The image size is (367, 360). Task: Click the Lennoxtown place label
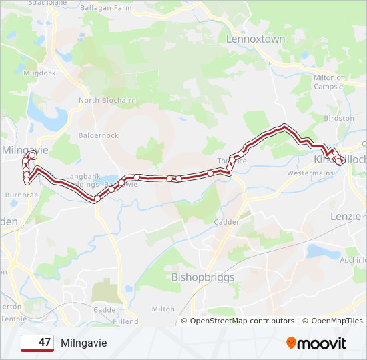(256, 39)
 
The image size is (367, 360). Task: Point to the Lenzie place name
(346, 216)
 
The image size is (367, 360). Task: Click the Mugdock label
(39, 73)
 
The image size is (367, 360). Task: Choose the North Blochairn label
(107, 101)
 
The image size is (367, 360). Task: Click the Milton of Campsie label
(328, 82)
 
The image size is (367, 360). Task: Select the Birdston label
(339, 118)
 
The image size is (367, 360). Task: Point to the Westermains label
(310, 173)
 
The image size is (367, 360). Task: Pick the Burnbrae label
(21, 195)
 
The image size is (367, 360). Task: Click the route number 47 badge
(37, 343)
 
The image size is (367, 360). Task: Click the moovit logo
(316, 343)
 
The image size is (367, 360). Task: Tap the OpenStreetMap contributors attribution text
(242, 321)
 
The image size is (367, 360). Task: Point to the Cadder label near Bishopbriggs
(222, 222)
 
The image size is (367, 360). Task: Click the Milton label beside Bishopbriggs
(163, 309)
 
